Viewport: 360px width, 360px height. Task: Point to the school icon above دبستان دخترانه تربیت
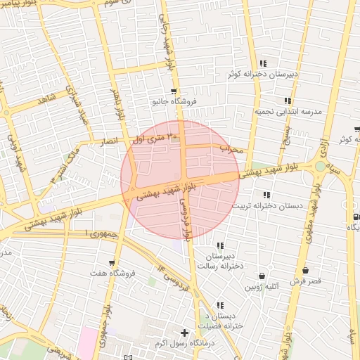(x=266, y=195)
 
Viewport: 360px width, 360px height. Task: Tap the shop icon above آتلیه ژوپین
(x=262, y=276)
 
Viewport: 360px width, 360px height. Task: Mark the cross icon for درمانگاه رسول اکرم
(x=185, y=333)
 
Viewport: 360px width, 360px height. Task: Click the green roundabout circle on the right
(x=321, y=167)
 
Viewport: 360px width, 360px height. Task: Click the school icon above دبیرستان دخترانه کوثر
(x=263, y=63)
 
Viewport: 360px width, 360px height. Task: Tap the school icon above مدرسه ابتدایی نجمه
(x=288, y=101)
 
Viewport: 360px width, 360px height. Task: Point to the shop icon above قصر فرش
(x=305, y=271)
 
